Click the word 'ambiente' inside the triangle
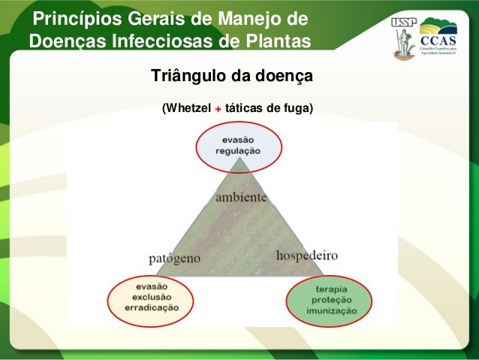pos(241,198)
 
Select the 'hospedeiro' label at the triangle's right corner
pos(307,256)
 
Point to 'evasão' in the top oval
pos(237,139)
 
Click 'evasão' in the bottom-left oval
pos(152,286)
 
